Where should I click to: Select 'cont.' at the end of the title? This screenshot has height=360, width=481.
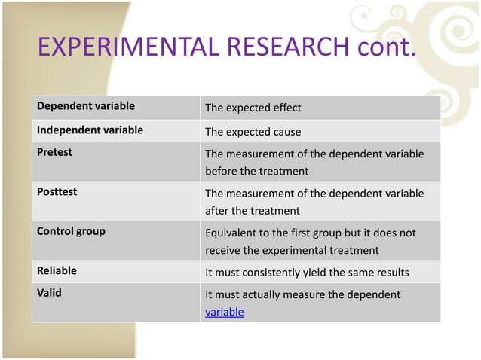tap(384, 50)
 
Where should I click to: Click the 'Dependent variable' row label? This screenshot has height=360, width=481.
tap(81, 106)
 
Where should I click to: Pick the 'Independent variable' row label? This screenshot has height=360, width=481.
tap(90, 130)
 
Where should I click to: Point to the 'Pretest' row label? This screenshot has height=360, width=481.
tap(54, 152)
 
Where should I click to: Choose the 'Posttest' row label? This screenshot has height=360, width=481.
tap(57, 192)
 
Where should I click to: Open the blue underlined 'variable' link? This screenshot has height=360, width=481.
tap(225, 311)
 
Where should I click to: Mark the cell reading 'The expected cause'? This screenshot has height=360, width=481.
tap(253, 132)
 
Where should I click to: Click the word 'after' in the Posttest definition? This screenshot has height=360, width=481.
tap(217, 211)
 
